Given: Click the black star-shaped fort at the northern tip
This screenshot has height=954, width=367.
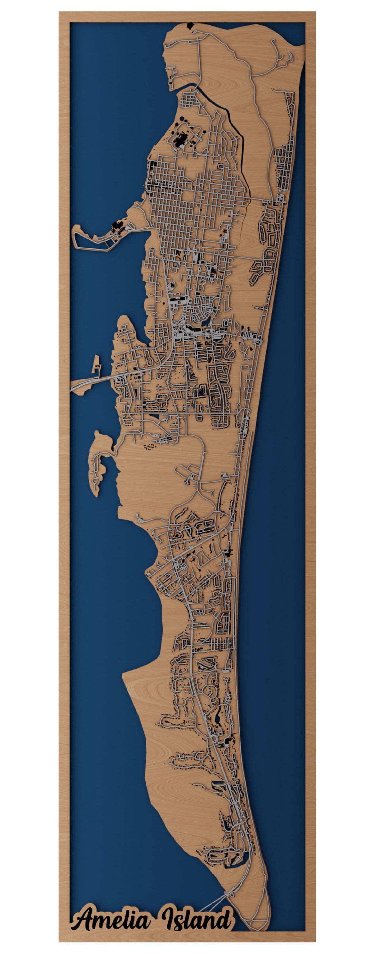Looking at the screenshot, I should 191,26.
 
